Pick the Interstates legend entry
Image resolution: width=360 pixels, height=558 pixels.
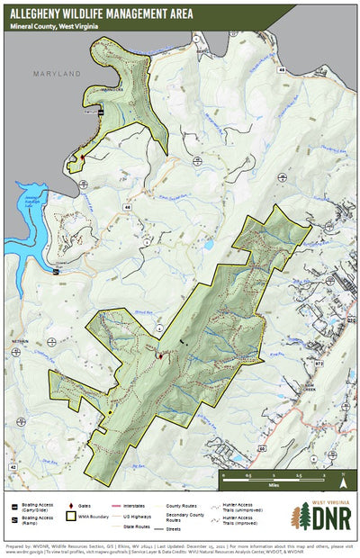tap(142, 507)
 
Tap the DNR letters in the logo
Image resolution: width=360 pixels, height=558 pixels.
tap(326, 519)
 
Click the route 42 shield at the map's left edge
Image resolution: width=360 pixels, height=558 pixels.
tap(12, 467)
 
